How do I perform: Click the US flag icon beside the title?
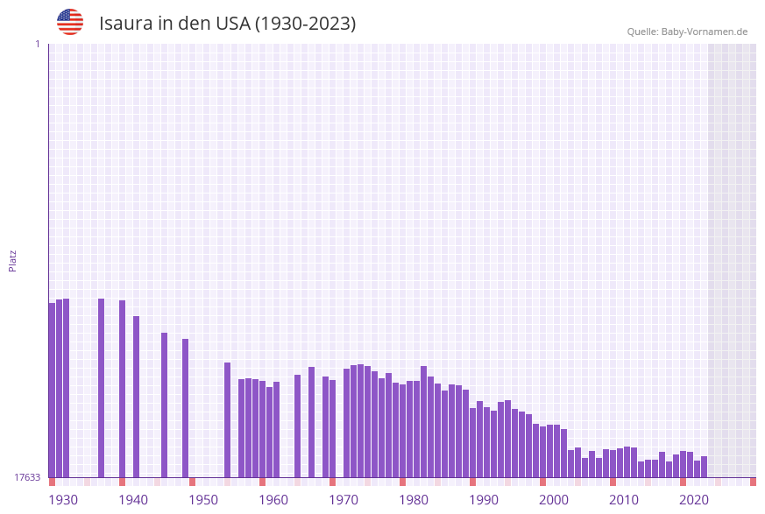[70, 22]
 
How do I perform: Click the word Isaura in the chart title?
[128, 23]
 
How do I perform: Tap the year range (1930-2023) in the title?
[305, 23]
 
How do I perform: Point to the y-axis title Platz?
[13, 260]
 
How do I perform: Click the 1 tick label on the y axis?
[37, 44]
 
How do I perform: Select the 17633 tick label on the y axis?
[27, 477]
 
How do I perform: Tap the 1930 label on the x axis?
[63, 500]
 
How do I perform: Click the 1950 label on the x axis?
[203, 500]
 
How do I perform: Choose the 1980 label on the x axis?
[414, 500]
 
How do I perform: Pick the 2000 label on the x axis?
[554, 500]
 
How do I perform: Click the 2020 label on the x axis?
[694, 500]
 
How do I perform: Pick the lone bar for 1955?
[228, 419]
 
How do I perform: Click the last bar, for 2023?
[705, 467]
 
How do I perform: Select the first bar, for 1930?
[53, 390]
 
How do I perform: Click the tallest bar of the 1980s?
[424, 421]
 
